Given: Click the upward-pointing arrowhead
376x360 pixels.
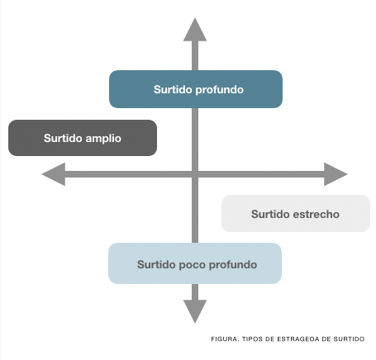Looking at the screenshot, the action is [195, 30].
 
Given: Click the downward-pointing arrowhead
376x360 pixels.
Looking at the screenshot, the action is [195, 311].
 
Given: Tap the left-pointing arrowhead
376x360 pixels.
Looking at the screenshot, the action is [54, 174].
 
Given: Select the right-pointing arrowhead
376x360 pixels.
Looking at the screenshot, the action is [336, 174].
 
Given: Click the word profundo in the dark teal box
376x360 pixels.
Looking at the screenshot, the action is [220, 90].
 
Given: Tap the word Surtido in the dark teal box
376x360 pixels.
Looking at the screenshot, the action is [174, 89].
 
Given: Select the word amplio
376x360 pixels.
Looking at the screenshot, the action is [103, 139].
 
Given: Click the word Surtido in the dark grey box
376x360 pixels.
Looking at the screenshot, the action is [64, 138].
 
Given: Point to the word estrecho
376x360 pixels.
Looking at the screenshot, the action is [316, 214].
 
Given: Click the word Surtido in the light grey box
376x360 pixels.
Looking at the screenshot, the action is [270, 214].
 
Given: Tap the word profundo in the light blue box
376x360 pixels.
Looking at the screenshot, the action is [233, 265].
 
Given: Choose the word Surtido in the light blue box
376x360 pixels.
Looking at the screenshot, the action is [156, 264].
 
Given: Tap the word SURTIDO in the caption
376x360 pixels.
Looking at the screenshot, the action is [349, 339].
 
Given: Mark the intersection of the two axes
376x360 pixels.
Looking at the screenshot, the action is [195, 174].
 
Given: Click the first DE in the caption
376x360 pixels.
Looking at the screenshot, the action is [270, 339].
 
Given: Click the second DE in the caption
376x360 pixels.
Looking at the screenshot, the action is [326, 339].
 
